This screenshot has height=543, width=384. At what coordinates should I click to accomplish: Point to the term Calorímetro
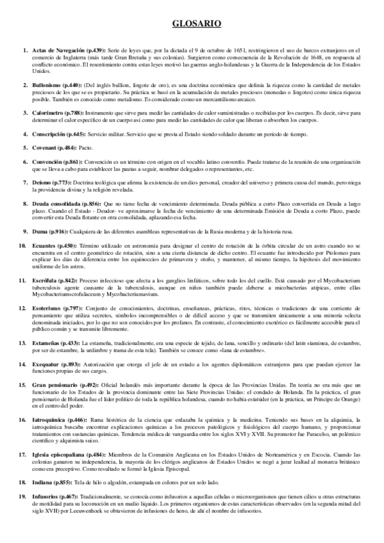46,112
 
